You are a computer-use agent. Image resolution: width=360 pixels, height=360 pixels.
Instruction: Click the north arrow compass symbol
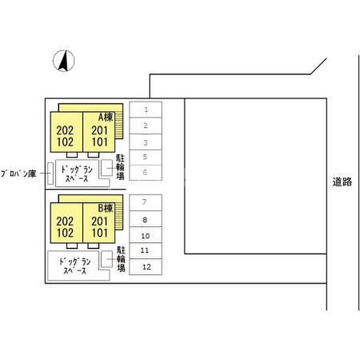click(x=64, y=61)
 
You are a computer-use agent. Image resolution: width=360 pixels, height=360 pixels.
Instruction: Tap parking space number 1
click(x=146, y=110)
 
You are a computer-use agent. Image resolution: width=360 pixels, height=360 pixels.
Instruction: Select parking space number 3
click(x=146, y=142)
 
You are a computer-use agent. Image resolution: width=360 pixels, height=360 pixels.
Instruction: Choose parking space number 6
click(x=146, y=173)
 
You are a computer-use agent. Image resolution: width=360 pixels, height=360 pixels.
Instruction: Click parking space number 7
click(x=146, y=203)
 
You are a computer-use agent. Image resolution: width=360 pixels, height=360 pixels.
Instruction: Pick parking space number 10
click(x=146, y=235)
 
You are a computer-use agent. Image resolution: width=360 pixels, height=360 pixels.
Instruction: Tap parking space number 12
click(x=146, y=267)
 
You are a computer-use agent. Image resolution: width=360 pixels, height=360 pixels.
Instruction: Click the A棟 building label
click(x=105, y=117)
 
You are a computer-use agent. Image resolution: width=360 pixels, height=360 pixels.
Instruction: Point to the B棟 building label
click(x=105, y=208)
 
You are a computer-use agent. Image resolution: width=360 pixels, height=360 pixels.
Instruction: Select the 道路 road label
click(x=342, y=182)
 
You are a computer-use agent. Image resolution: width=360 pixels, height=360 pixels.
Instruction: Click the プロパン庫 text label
click(x=19, y=174)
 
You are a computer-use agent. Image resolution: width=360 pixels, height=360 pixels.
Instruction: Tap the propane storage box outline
click(x=50, y=173)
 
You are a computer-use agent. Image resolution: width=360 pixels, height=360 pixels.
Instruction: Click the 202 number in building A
click(x=65, y=131)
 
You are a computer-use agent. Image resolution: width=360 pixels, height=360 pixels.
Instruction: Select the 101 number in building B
click(x=100, y=233)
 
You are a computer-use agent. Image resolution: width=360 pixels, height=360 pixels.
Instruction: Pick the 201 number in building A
click(x=100, y=131)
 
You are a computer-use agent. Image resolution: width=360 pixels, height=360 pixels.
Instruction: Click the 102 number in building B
click(x=65, y=233)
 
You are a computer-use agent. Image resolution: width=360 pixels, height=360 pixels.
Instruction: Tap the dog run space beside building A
click(x=77, y=173)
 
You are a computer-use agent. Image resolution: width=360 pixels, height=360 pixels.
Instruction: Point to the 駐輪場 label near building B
click(x=121, y=259)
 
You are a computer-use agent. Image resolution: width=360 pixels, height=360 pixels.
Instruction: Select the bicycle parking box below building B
click(x=107, y=259)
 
